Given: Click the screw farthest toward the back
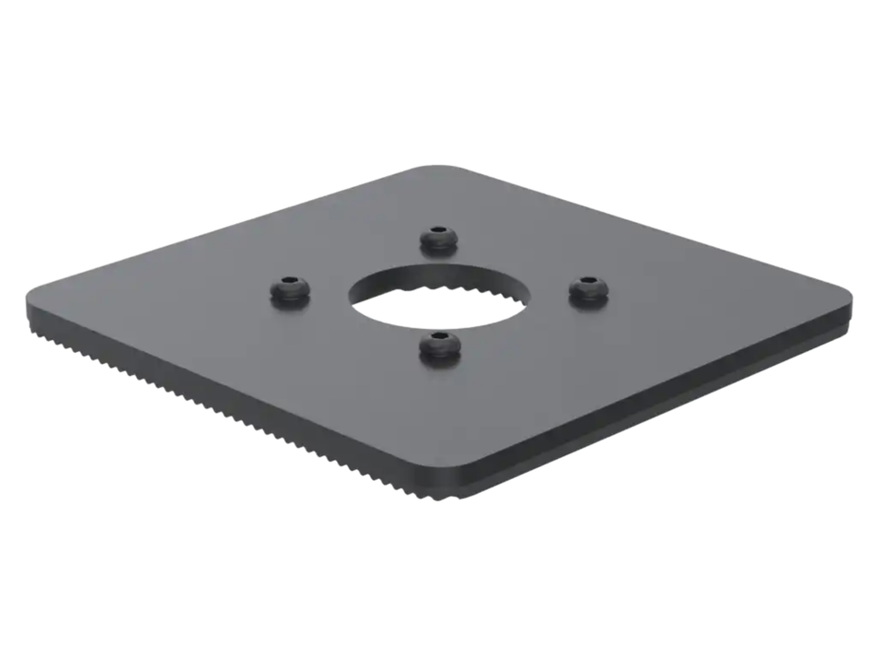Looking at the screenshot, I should point(439,239).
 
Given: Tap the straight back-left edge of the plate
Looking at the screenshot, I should point(230,230).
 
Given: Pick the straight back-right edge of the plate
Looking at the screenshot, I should point(644,230).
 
